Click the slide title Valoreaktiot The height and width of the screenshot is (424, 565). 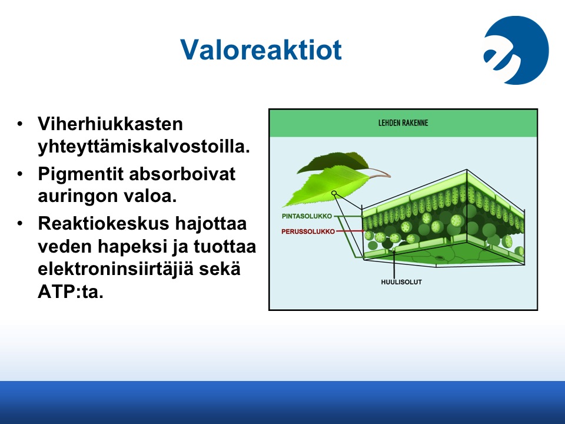click(261, 49)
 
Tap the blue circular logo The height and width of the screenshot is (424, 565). click(516, 50)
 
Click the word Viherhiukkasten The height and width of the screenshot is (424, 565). click(110, 124)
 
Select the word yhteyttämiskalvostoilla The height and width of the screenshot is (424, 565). click(144, 147)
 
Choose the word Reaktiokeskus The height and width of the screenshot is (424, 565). click(104, 223)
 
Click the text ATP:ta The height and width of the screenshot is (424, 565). click(71, 291)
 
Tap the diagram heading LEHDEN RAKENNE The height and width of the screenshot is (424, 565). click(403, 123)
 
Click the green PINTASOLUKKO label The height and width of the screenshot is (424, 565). click(307, 216)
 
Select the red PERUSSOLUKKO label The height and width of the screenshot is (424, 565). click(308, 231)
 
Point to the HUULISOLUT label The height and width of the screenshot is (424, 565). click(401, 282)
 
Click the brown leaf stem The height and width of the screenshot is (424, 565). click(378, 173)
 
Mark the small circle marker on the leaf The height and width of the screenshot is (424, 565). click(334, 193)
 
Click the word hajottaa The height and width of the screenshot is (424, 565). click(211, 223)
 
